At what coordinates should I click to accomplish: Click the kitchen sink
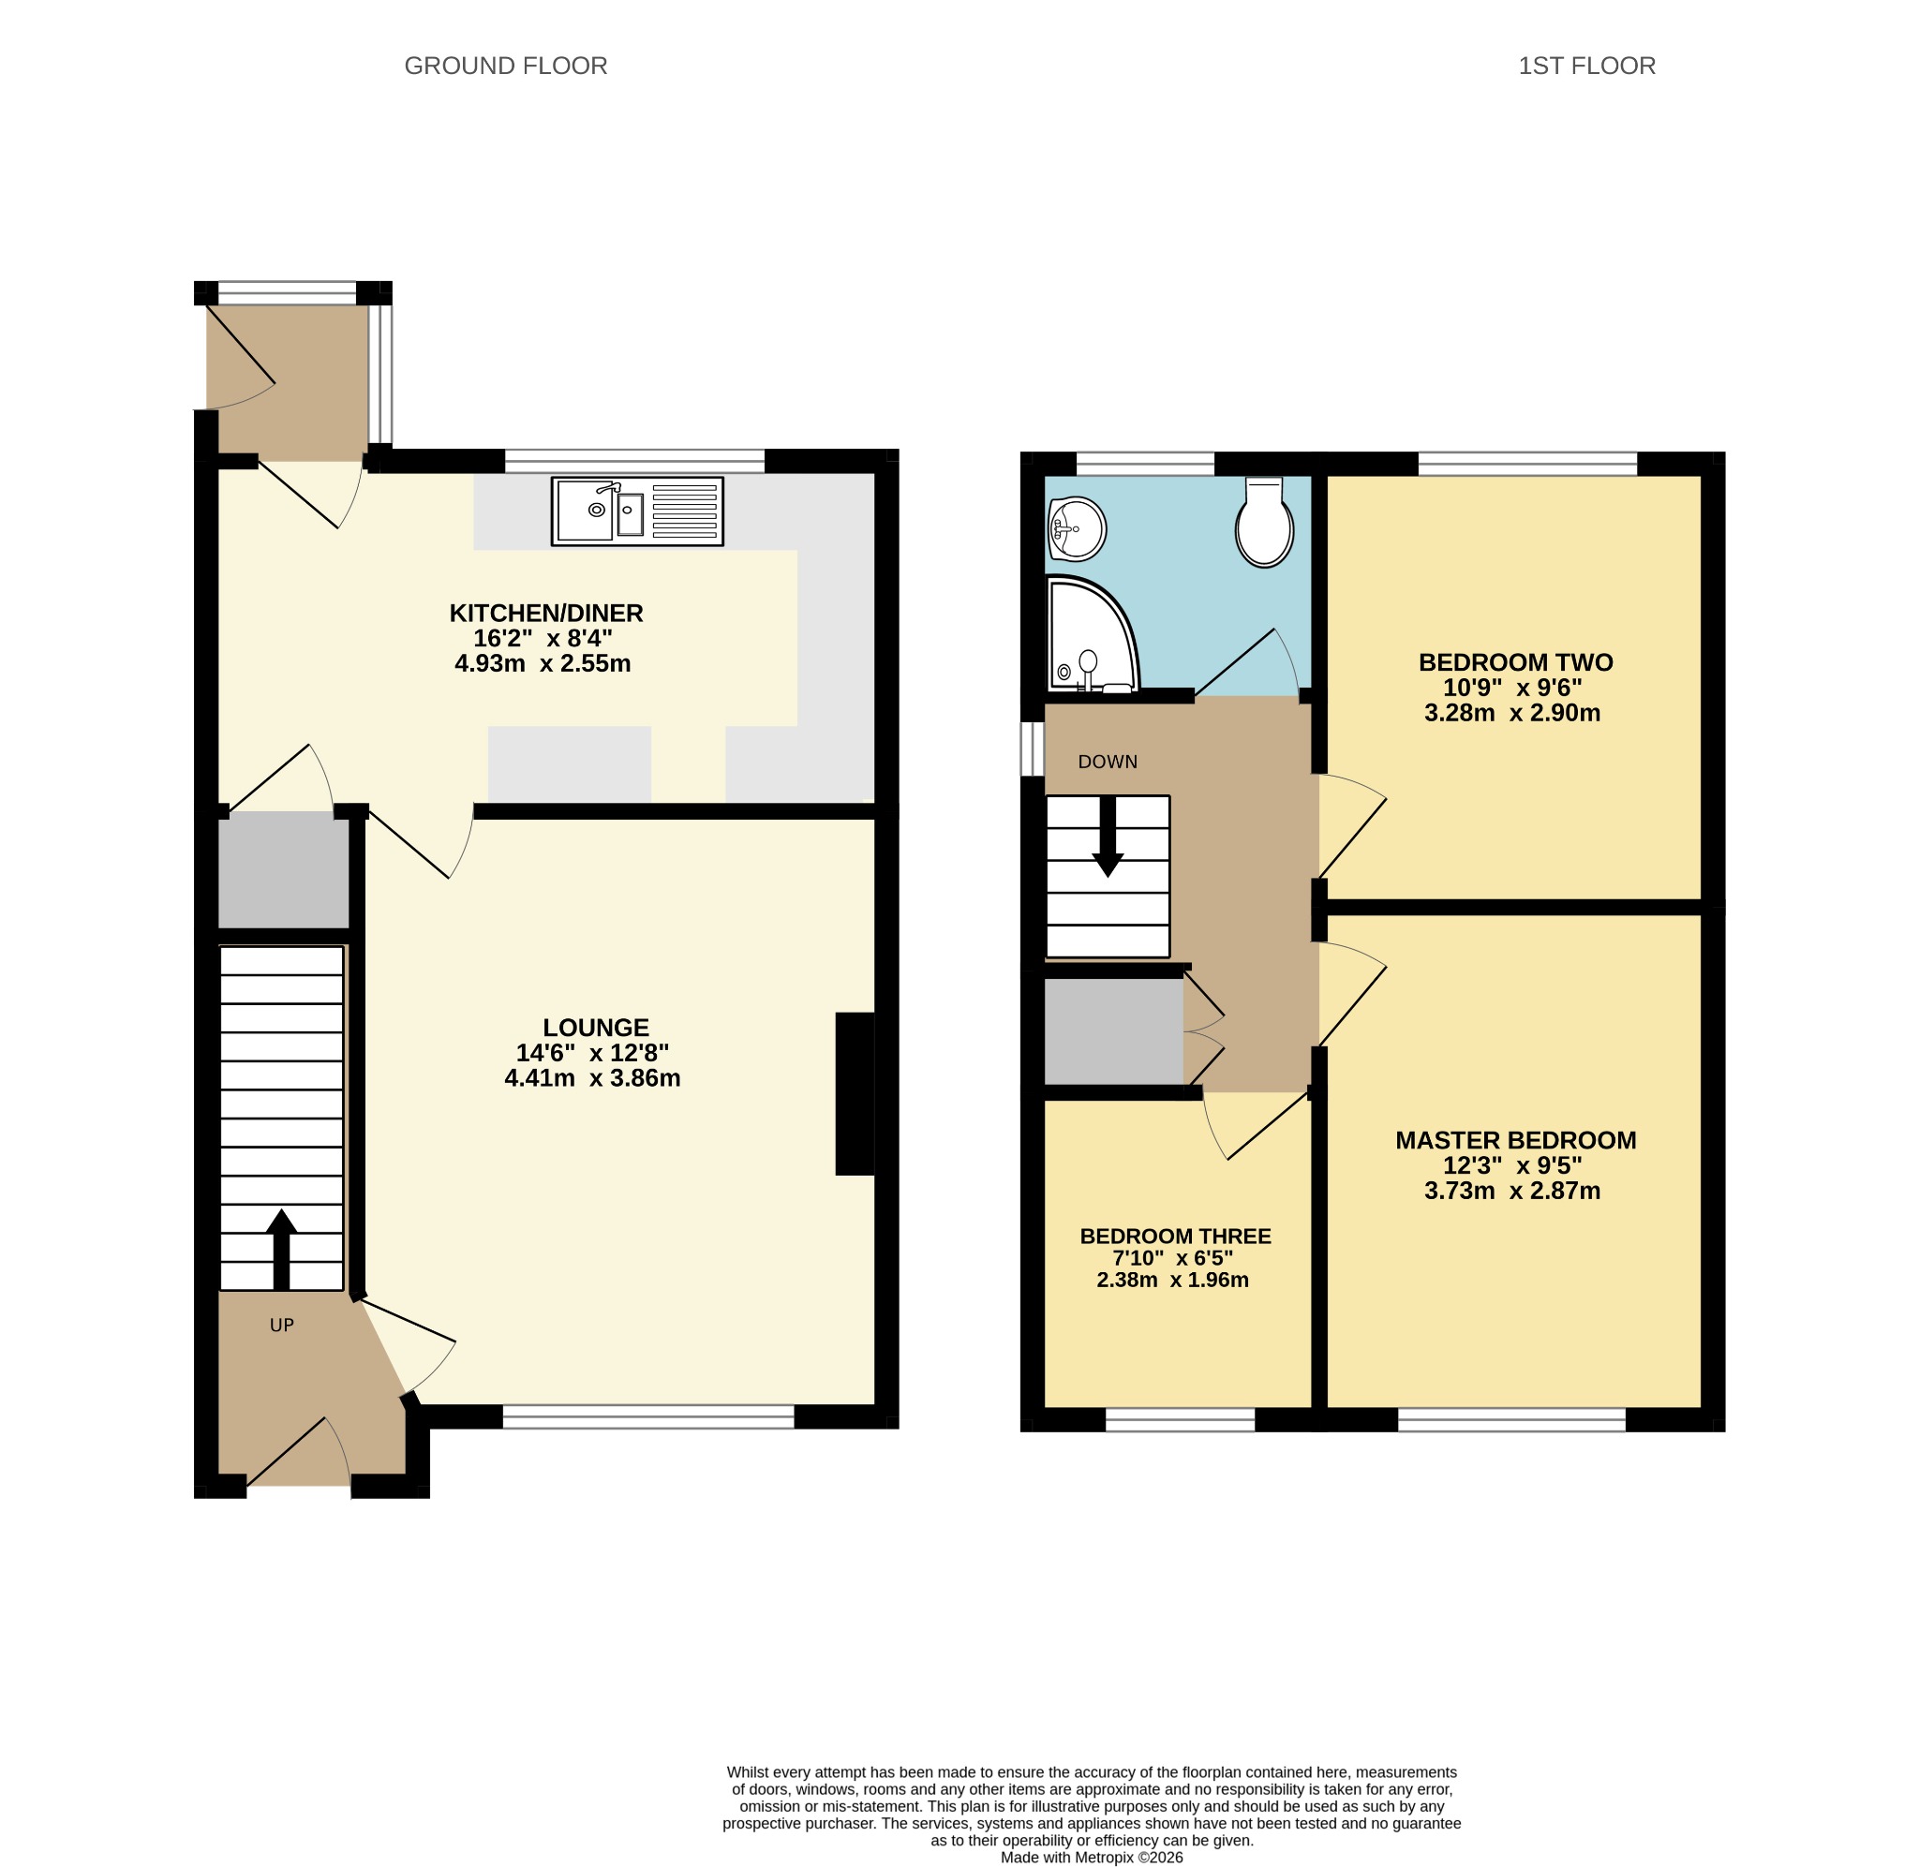point(637,511)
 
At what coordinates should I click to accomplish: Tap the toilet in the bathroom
point(1264,522)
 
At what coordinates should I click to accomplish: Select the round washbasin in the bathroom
point(1077,528)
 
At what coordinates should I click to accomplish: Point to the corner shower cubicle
point(1092,633)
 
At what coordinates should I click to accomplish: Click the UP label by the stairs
point(281,1325)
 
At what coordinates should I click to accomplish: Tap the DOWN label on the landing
point(1107,762)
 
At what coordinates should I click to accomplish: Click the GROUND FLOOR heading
point(506,66)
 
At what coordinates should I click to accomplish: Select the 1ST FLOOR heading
point(1586,66)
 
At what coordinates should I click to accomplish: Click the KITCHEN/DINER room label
point(546,613)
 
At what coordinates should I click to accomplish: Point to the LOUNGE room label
point(596,1028)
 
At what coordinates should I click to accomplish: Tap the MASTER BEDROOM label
point(1516,1140)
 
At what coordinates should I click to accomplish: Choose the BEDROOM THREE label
point(1176,1237)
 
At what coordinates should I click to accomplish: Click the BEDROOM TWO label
point(1516,662)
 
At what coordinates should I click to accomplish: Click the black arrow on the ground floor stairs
point(281,1250)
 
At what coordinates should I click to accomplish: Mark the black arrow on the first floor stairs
point(1108,837)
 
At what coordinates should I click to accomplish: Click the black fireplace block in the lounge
point(855,1093)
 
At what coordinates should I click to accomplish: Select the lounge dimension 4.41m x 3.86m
point(592,1078)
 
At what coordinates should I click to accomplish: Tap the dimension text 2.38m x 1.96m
point(1173,1280)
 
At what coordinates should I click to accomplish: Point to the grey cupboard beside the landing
point(1114,1031)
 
